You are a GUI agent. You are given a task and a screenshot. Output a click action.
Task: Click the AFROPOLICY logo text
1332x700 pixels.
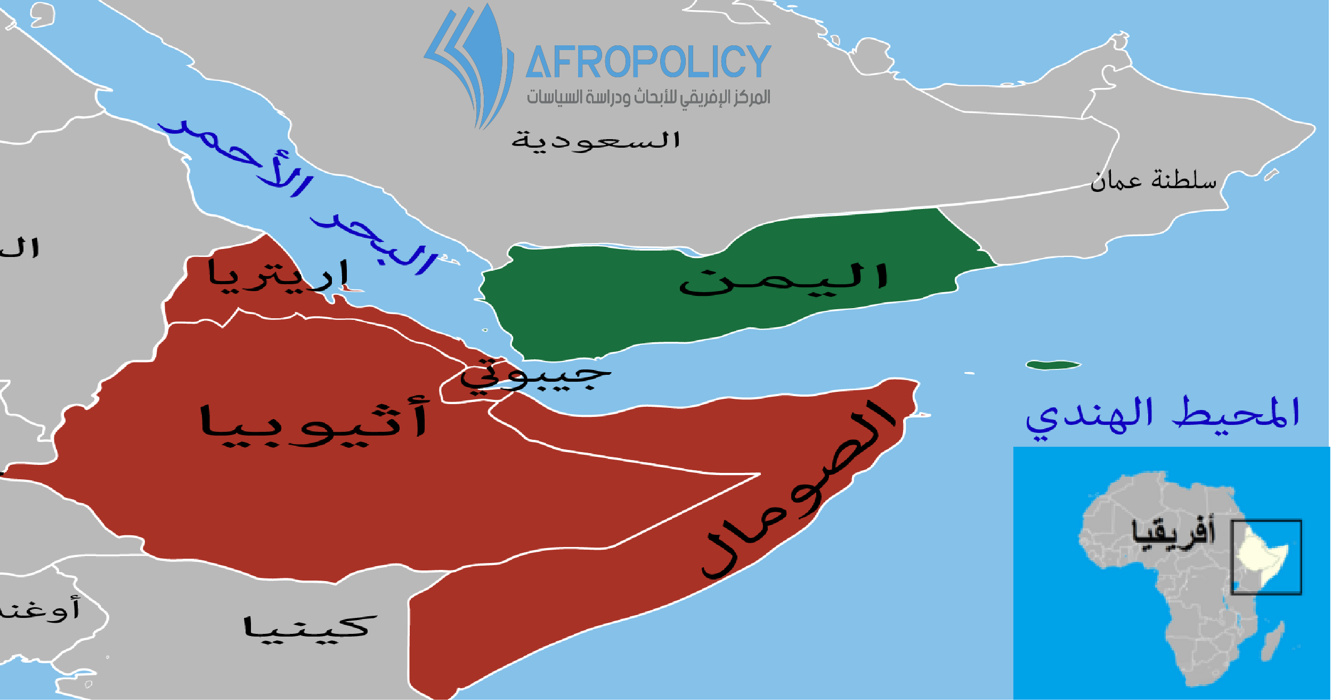648,62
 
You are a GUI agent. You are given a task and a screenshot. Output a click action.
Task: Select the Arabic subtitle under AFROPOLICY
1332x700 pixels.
648,98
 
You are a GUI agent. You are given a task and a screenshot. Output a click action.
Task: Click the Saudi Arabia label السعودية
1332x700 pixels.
596,141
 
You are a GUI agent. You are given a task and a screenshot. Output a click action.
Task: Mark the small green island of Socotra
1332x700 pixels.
1052,366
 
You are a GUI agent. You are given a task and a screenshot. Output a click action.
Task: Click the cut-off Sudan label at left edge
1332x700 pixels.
20,248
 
